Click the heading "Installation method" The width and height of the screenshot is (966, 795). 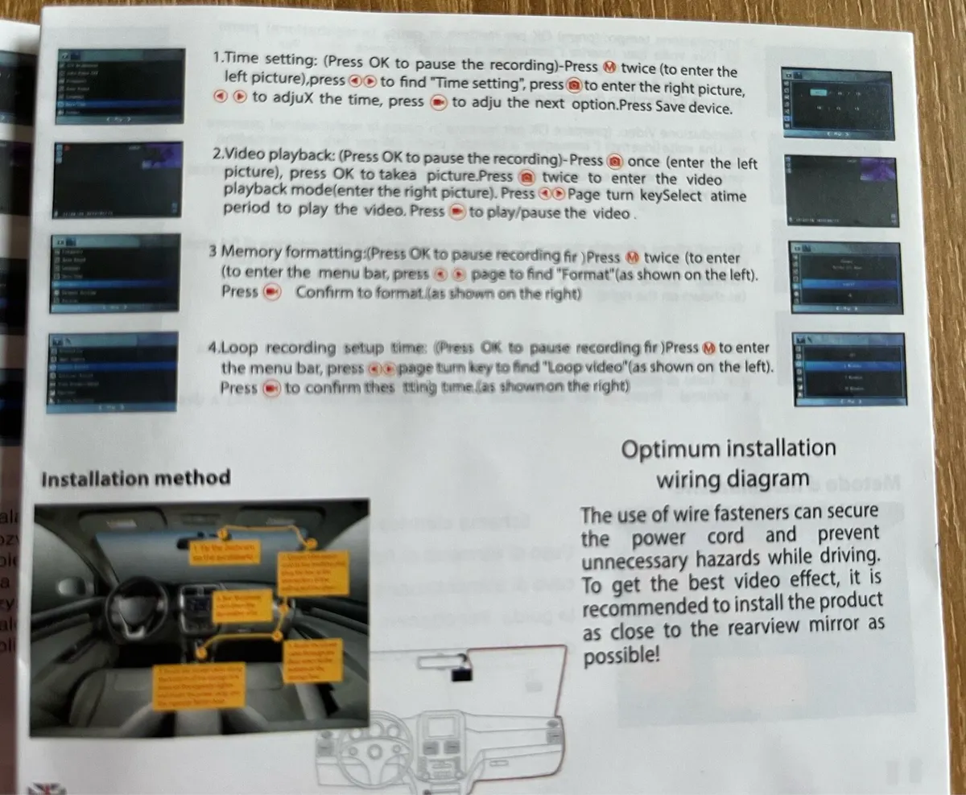135,479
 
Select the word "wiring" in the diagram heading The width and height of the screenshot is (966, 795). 693,480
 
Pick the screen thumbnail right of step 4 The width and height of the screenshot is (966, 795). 849,367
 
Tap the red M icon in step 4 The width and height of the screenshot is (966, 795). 708,348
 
